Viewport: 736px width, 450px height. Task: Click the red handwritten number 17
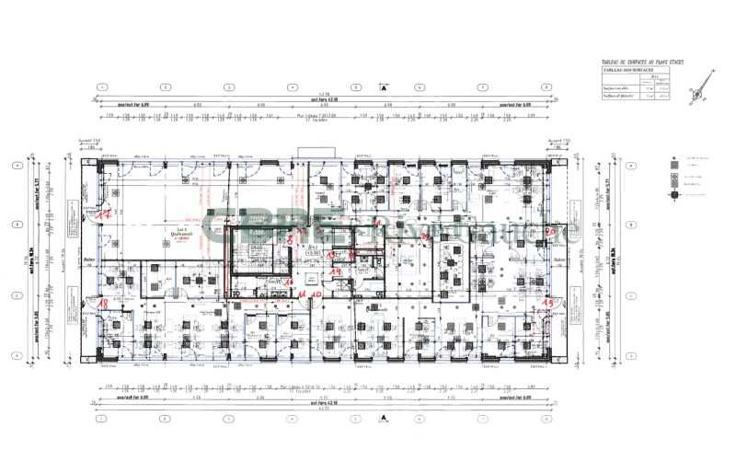pos(105,213)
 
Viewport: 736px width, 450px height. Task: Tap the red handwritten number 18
pos(103,302)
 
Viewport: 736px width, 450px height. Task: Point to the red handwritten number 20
pos(549,231)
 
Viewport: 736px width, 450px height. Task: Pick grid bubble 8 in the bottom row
pos(546,418)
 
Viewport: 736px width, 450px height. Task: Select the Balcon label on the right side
pos(558,260)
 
